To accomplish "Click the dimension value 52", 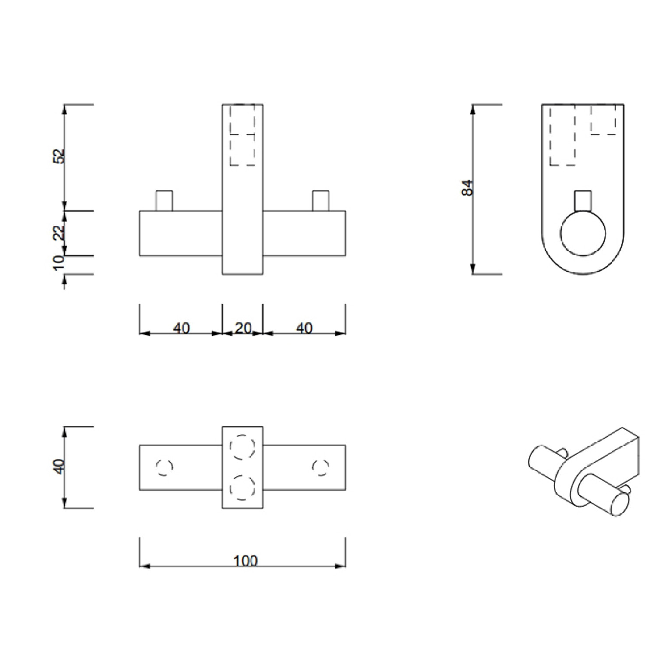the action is tap(58, 156).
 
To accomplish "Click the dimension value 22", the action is tap(58, 232).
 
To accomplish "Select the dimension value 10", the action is tap(58, 262).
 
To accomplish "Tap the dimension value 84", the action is tap(467, 188).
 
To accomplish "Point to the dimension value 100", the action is tap(245, 561).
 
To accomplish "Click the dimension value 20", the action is tap(244, 328).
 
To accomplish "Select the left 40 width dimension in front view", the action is tap(181, 328).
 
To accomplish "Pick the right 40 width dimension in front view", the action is tap(304, 328).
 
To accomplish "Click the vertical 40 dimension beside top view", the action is tap(58, 466).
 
